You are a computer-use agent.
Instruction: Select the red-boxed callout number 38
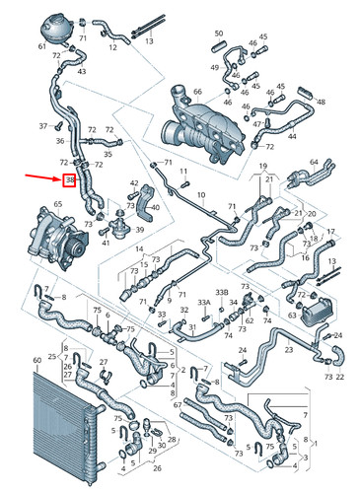(x=70, y=180)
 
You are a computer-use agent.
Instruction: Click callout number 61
(x=41, y=47)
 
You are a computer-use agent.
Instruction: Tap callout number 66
(x=197, y=92)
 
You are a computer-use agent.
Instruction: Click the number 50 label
(x=218, y=34)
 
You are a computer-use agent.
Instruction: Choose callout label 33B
(x=223, y=293)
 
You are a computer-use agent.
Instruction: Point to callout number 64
(x=316, y=162)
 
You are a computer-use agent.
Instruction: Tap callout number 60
(x=37, y=361)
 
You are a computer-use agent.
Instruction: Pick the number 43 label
(x=81, y=72)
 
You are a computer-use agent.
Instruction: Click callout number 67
(x=176, y=403)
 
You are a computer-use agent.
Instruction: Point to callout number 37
(x=43, y=126)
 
